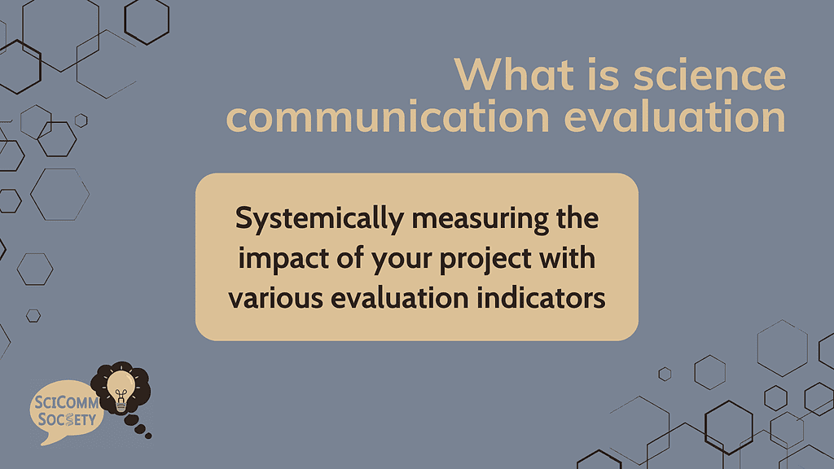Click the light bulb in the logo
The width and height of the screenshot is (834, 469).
(121, 388)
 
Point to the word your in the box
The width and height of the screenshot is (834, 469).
(394, 260)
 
